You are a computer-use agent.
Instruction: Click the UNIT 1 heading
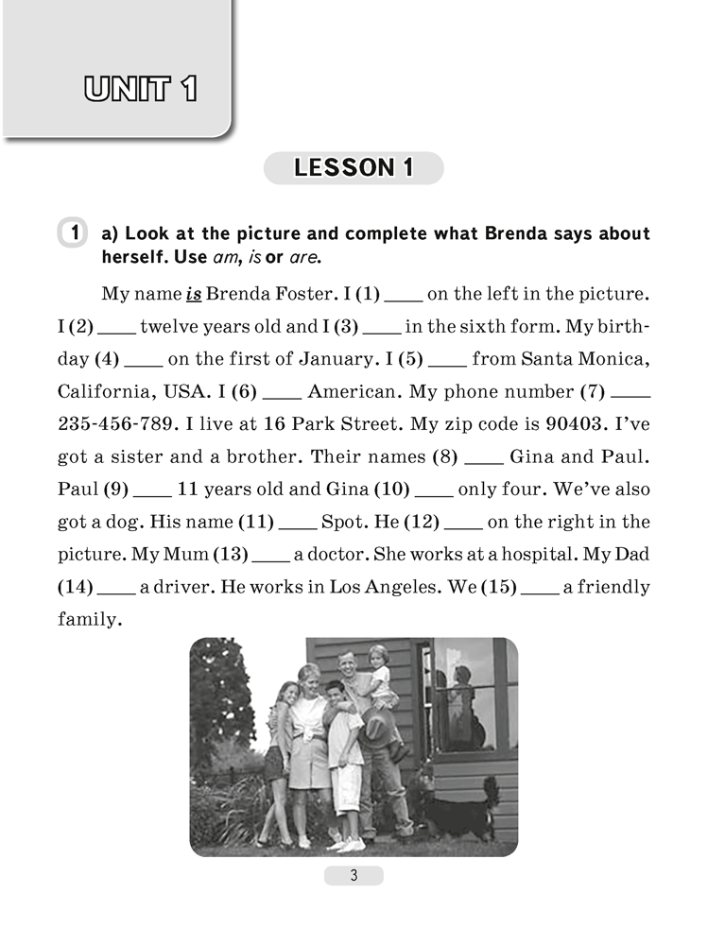tap(140, 90)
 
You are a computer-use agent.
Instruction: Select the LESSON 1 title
tap(354, 168)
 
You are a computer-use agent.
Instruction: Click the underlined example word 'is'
tap(192, 294)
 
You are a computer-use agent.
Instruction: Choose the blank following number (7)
tap(631, 393)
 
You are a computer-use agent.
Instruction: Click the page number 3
tap(354, 875)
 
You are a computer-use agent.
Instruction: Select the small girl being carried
tap(381, 680)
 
